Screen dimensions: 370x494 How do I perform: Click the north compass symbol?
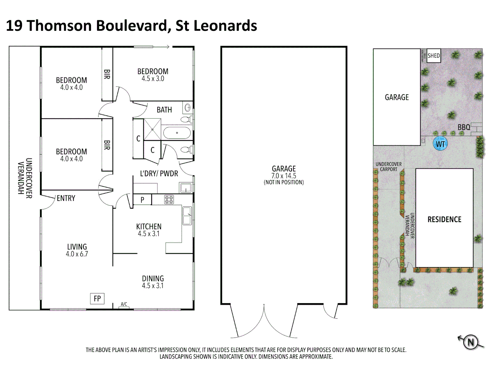tap(471, 342)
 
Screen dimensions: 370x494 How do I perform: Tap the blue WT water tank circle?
tap(440, 144)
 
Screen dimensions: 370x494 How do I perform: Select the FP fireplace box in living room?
tap(97, 299)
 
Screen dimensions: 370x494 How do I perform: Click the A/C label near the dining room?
tap(124, 304)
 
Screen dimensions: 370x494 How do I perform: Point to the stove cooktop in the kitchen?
tap(169, 199)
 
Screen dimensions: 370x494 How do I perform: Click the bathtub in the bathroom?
tap(177, 133)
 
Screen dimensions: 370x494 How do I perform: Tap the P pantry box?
tap(142, 200)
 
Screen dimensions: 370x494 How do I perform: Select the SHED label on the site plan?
tap(434, 56)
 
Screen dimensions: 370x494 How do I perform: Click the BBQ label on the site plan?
tap(464, 127)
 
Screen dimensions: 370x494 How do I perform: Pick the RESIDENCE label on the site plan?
tap(444, 219)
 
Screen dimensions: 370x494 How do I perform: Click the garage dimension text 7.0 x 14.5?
tap(284, 176)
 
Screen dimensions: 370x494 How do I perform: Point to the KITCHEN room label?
tap(149, 226)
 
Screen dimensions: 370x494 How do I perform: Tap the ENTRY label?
tap(66, 198)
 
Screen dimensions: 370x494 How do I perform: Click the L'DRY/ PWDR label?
tap(159, 174)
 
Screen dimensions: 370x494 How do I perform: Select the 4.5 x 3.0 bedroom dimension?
tap(153, 79)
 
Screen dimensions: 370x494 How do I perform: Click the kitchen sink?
tap(187, 216)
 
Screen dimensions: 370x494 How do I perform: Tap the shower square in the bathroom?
tap(152, 129)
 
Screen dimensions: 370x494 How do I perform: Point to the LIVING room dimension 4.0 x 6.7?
tap(77, 254)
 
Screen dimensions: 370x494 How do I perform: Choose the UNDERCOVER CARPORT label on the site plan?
tap(388, 167)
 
